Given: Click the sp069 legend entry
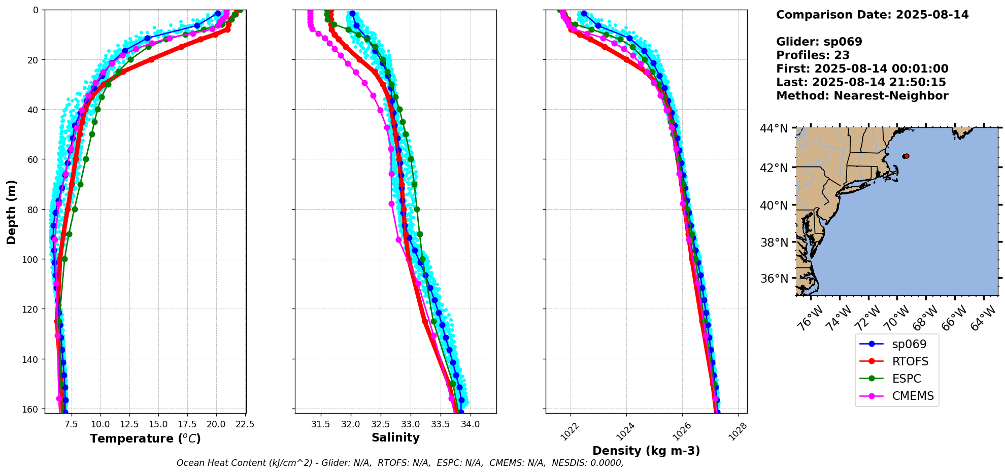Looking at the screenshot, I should click(909, 344).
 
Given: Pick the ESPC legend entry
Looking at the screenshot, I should click(906, 379).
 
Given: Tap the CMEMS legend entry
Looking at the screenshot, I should click(912, 396).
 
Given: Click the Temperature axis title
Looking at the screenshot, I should click(145, 438).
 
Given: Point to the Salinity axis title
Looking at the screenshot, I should click(395, 437).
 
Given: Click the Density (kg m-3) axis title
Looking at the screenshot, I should click(646, 451).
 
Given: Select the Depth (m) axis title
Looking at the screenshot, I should click(11, 212).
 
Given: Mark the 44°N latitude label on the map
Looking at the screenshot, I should click(774, 129).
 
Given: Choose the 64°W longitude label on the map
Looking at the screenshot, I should click(983, 319).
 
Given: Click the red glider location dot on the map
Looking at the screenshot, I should click(907, 156).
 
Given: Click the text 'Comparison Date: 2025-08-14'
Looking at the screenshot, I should click(872, 15).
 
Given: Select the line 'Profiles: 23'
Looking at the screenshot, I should click(813, 55).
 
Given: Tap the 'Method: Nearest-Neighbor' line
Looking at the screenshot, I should click(862, 96).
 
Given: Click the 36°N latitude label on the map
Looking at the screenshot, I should click(774, 279).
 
